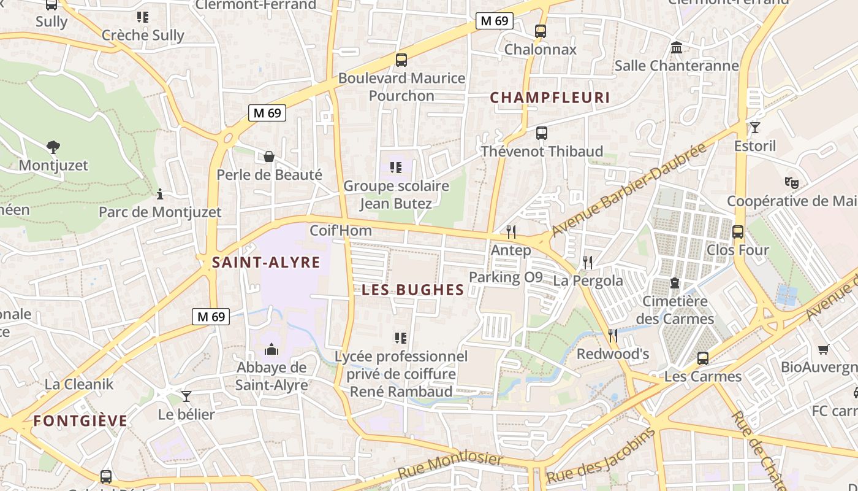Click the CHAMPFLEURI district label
point(550,98)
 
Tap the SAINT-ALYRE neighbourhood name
point(266,263)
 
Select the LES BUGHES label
point(412,290)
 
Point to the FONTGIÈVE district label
point(80,421)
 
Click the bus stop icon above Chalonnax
point(540,31)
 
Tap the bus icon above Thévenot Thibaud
point(541,133)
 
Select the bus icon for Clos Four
point(738,232)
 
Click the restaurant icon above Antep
point(511,231)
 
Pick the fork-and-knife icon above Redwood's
point(612,335)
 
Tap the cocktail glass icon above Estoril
point(754,128)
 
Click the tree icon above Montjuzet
point(53,147)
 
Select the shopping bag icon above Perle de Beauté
point(268,157)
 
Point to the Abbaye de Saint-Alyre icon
point(271,349)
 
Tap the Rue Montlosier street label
point(450,467)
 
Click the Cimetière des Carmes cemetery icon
point(675,283)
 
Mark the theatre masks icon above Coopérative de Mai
point(792,182)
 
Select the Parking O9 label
point(506,277)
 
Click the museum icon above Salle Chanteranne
point(677,47)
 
